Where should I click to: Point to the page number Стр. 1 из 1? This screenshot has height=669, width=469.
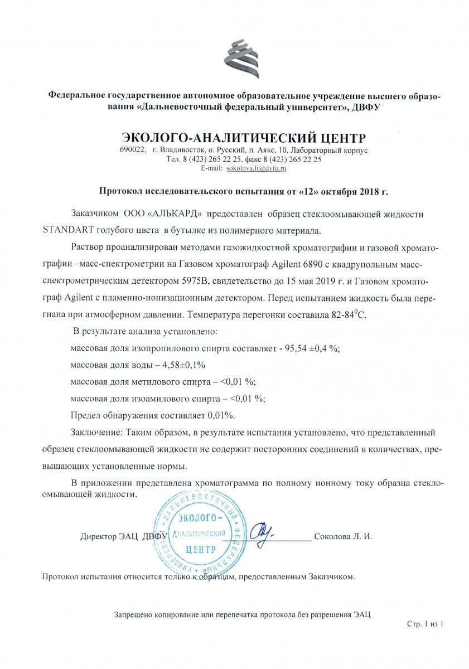coord(425,624)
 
